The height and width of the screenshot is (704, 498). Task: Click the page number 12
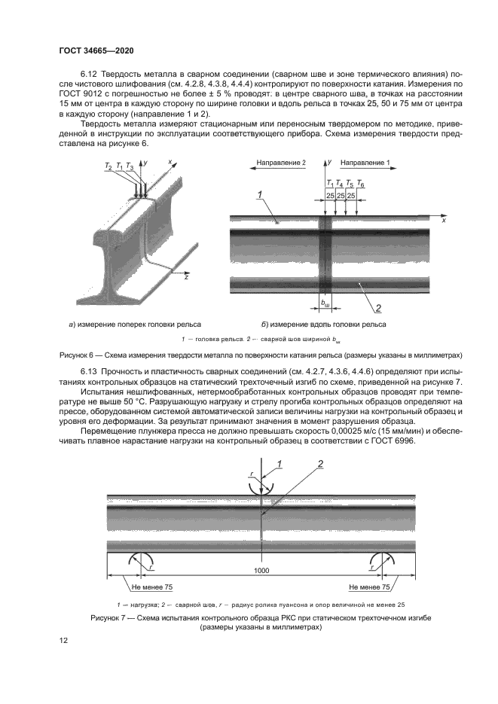point(63,640)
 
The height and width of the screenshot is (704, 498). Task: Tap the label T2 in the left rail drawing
point(108,166)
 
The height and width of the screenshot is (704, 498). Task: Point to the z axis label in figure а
point(185,276)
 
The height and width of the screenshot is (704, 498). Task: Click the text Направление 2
point(280,163)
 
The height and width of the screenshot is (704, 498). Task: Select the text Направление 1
point(365,163)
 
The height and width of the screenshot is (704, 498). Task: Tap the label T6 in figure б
point(362,184)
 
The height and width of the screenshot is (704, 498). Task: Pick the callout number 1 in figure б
point(260,195)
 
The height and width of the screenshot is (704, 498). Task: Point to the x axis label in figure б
point(444,221)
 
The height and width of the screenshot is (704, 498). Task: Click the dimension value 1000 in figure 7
point(261,571)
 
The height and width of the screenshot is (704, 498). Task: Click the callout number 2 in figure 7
point(319,464)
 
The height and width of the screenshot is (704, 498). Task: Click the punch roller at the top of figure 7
point(261,488)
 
